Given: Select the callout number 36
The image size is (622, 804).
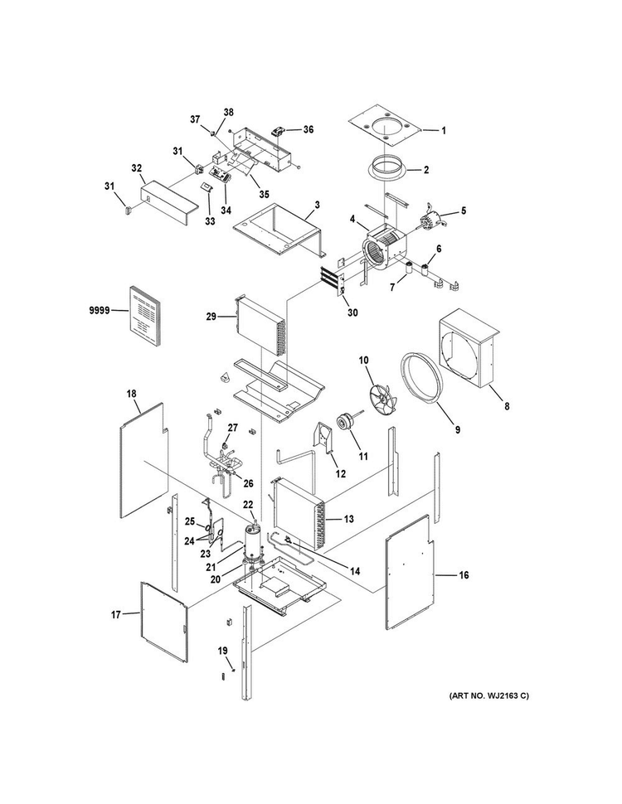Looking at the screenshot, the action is [x=308, y=130].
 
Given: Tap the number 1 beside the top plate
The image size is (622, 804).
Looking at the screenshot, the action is [x=444, y=131].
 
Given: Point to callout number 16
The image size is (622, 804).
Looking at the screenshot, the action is [x=464, y=575].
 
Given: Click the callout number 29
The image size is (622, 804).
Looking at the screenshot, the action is [x=211, y=317].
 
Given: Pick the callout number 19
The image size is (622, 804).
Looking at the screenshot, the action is [x=221, y=651].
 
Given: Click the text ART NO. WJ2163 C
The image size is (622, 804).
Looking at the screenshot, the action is [x=488, y=695].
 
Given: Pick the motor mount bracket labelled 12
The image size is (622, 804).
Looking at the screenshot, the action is [x=323, y=438].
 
